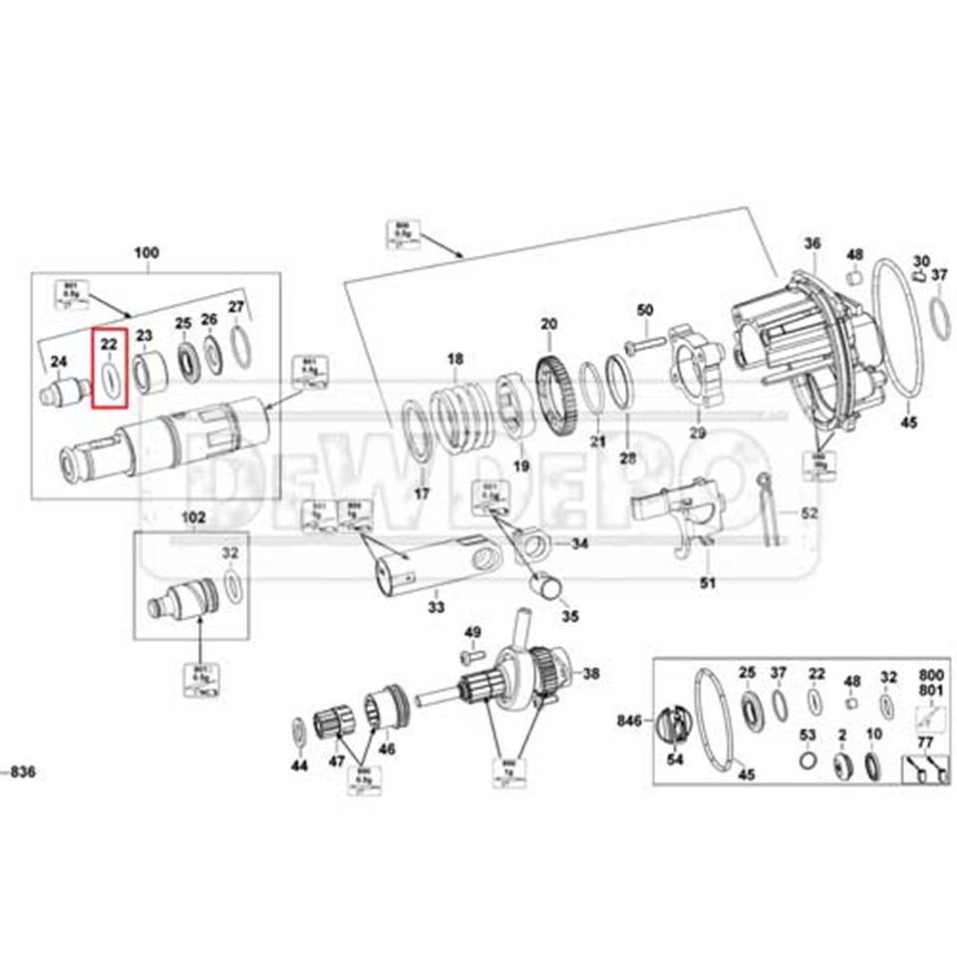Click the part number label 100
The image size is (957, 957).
tap(146, 254)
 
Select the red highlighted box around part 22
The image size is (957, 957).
tap(110, 369)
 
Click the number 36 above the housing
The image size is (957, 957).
tap(812, 243)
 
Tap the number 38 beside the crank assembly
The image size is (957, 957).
tap(591, 674)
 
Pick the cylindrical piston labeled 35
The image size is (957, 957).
tap(547, 586)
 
